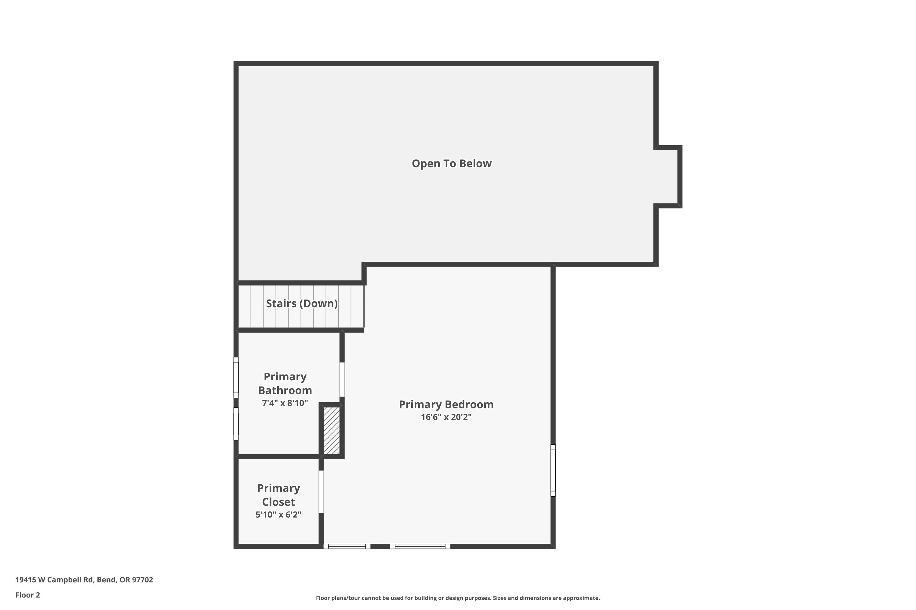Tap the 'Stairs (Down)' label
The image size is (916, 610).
[x=302, y=303]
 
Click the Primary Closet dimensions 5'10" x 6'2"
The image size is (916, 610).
[x=278, y=515]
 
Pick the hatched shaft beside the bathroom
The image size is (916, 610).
[x=331, y=430]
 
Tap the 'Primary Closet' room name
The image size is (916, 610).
[x=278, y=495]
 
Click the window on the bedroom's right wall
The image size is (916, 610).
[x=553, y=470]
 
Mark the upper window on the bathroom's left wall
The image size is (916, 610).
[x=236, y=377]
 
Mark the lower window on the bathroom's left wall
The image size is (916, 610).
[x=236, y=424]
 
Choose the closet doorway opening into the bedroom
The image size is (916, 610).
[x=321, y=492]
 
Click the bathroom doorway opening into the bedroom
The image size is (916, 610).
[x=342, y=380]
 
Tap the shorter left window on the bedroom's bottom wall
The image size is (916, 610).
[x=347, y=546]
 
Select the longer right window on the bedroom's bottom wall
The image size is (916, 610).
[x=420, y=546]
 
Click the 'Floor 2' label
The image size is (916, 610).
[x=28, y=595]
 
